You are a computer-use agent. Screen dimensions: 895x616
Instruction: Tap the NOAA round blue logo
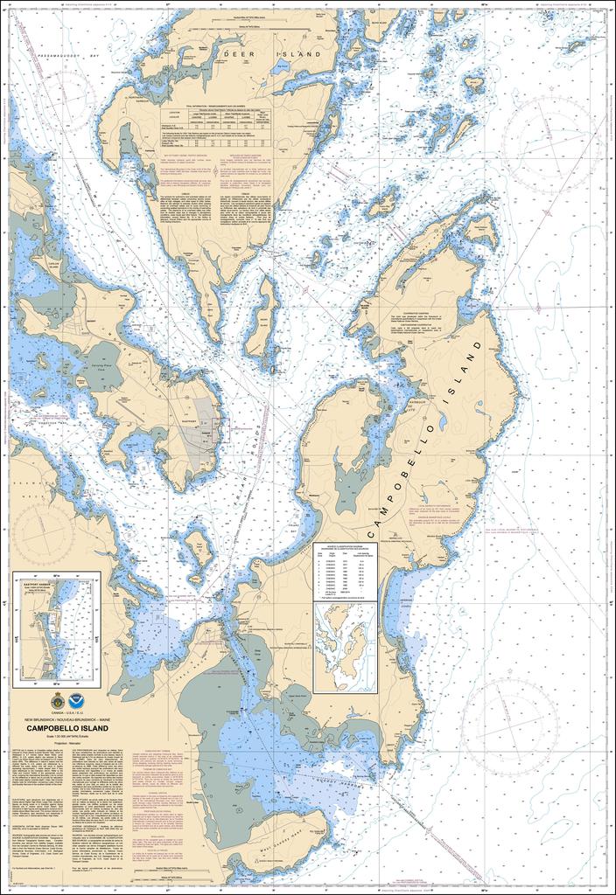79,700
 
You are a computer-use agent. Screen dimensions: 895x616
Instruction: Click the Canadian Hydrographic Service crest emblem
58,700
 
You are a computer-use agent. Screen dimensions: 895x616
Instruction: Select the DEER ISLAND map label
279,54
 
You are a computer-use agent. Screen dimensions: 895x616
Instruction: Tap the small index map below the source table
345,647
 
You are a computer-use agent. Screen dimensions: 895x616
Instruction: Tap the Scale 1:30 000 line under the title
68,736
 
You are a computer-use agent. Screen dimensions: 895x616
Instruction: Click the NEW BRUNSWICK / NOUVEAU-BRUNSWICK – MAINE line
68,718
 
